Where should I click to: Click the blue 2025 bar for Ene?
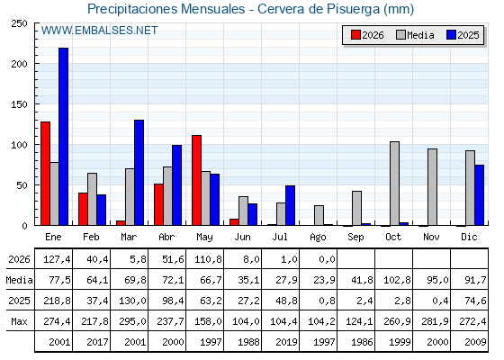tap(63, 137)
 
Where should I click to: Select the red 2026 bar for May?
tap(197, 180)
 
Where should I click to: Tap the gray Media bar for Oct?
tap(395, 184)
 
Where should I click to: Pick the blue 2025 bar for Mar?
tap(139, 173)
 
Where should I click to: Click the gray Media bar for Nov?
tap(433, 187)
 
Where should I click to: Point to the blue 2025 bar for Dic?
tap(479, 195)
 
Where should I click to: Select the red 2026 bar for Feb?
tap(83, 209)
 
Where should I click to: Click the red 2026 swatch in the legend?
tap(355, 35)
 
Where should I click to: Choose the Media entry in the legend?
tap(415, 35)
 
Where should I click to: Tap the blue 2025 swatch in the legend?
tap(451, 35)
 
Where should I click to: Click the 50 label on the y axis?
tap(22, 185)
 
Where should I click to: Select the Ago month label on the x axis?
tap(318, 238)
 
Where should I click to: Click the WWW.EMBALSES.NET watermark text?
tap(99, 31)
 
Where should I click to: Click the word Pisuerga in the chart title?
tap(353, 9)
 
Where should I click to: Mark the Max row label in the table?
tap(19, 321)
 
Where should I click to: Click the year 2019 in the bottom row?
tap(286, 342)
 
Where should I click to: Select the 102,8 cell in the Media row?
tap(397, 280)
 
